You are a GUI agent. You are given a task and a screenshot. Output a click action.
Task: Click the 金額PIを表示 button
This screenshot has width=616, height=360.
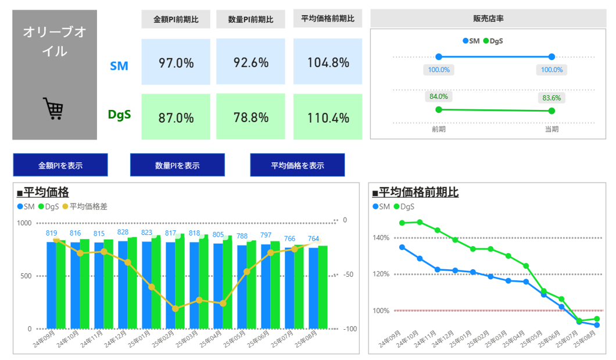(60, 165)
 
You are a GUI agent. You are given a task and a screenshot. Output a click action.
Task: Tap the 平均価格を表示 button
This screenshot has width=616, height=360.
(297, 165)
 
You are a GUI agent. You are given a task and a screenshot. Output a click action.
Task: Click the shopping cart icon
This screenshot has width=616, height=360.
(53, 108)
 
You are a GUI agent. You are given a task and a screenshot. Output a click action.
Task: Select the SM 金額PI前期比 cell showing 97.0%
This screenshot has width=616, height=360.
(176, 63)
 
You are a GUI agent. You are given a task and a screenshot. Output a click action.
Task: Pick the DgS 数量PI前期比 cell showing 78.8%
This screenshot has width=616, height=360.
(250, 117)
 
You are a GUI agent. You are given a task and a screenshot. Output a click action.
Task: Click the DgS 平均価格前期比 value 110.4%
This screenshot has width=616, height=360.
(328, 117)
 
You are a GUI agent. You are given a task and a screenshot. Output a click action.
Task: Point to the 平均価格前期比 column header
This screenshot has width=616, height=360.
(328, 19)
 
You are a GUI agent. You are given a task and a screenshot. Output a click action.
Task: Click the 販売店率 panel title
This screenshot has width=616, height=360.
(488, 19)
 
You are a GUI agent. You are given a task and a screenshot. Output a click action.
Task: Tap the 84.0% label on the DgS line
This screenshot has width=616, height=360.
(439, 97)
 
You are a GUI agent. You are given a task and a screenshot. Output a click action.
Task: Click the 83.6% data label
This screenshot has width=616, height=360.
(551, 98)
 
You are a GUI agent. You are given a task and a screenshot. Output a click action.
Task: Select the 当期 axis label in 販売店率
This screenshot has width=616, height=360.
(551, 129)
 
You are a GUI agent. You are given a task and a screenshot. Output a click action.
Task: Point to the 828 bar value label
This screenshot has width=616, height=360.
(123, 233)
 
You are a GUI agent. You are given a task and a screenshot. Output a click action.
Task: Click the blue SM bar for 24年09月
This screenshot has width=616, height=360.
(51, 285)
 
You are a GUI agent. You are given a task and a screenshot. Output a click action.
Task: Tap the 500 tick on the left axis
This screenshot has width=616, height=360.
(26, 276)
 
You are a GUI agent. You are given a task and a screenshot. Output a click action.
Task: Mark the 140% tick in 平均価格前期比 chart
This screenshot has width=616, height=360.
(381, 238)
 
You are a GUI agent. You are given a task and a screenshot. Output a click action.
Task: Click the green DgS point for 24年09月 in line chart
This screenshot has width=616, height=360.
(402, 223)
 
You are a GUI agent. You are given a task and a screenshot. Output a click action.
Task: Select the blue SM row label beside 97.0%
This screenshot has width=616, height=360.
(119, 66)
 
